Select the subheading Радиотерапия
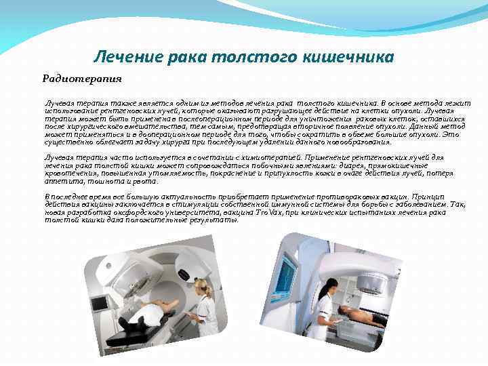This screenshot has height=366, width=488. point(82,79)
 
